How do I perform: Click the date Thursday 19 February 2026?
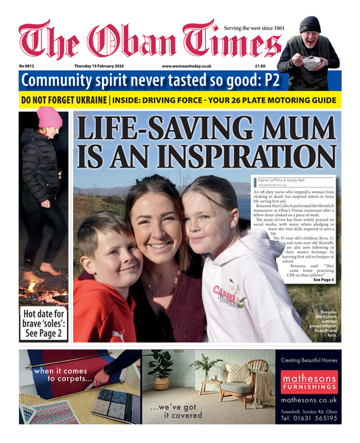point(101,66)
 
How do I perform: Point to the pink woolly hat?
point(49,117)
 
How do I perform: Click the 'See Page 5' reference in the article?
point(324,281)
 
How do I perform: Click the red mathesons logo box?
point(309,380)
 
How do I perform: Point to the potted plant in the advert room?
point(162,369)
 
